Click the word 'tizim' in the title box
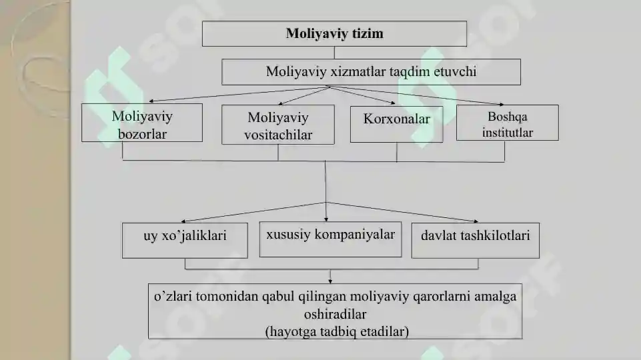366,33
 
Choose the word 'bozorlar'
142,134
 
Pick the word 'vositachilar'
278,135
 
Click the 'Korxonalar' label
396,119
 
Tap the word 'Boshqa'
508,117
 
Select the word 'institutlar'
508,133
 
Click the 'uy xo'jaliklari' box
185,240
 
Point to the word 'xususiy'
288,235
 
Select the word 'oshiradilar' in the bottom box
336,314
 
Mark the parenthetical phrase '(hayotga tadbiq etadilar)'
337,331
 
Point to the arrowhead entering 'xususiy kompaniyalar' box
326,219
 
